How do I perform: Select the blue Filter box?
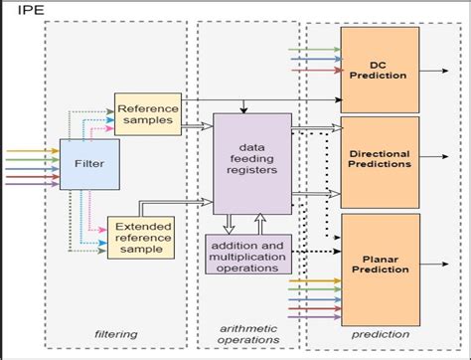(x=82, y=163)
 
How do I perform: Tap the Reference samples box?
(x=145, y=114)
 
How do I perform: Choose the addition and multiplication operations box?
(x=246, y=253)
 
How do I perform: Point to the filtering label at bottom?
(x=115, y=334)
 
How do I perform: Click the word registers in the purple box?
(x=252, y=169)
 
